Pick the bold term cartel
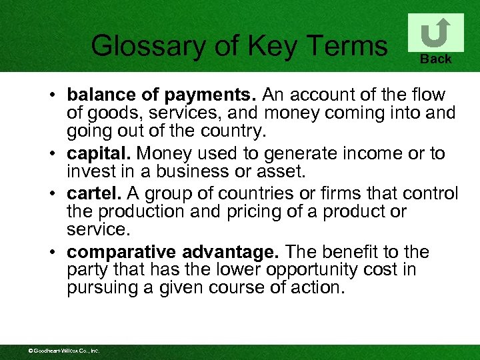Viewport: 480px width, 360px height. pos(93,193)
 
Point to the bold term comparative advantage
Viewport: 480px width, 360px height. pos(175,252)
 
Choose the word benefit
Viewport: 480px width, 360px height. pos(355,252)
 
